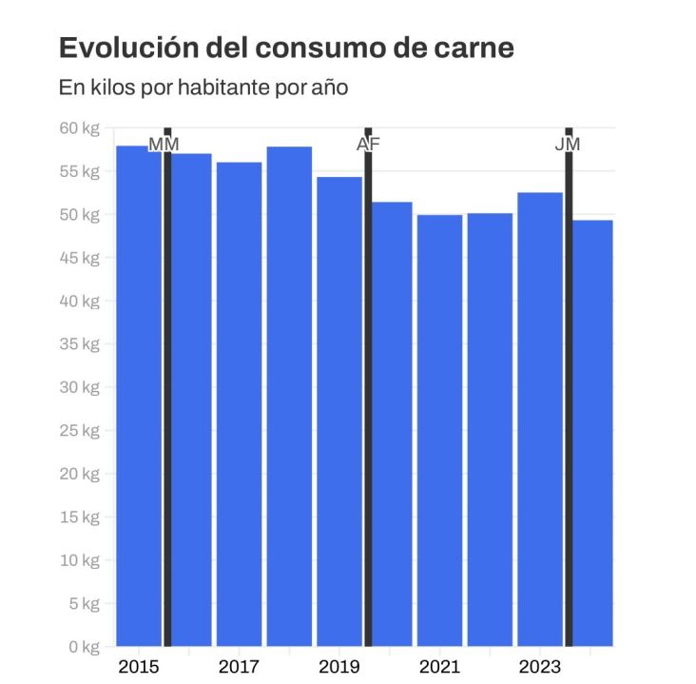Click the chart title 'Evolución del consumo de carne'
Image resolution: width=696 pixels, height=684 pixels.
(x=286, y=48)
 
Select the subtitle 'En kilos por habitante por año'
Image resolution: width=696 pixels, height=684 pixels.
(x=203, y=88)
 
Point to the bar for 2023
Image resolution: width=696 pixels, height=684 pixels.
(x=539, y=419)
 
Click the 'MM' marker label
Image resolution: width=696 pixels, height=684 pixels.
(x=164, y=145)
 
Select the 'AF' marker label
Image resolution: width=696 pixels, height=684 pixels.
(x=368, y=145)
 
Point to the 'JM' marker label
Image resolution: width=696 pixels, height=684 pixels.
(x=568, y=145)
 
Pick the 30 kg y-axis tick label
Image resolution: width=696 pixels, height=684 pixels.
(x=81, y=387)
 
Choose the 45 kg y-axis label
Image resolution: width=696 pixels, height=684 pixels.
(x=81, y=258)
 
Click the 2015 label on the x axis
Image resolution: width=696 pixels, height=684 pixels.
(x=138, y=666)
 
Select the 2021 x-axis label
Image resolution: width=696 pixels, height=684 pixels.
(x=439, y=666)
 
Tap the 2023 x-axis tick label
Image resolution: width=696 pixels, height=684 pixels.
(x=539, y=666)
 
